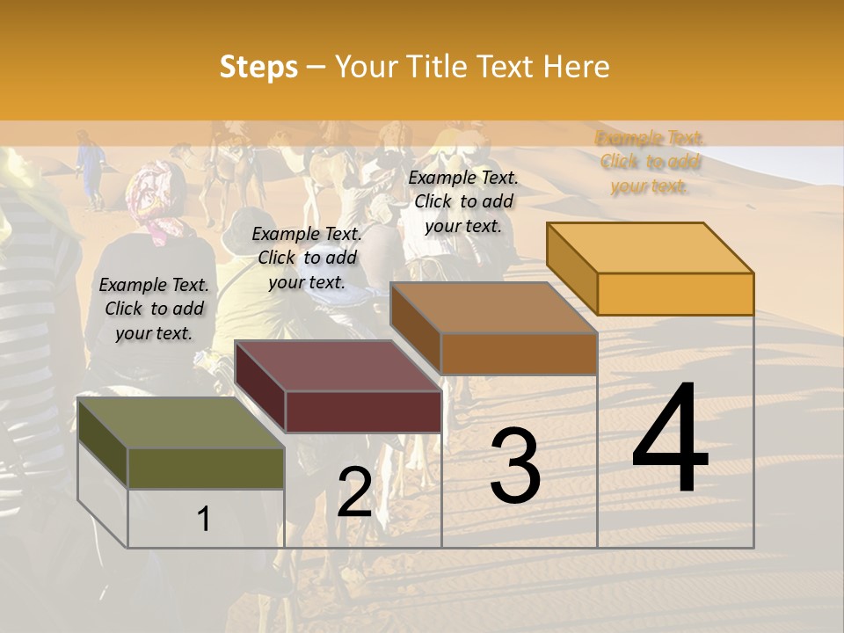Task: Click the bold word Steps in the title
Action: coord(258,67)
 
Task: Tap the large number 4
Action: coord(670,440)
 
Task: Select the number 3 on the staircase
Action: coord(515,466)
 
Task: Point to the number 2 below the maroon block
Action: coord(354,493)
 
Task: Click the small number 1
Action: coord(204,519)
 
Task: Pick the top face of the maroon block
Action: coord(338,366)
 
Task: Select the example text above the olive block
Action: coord(154,309)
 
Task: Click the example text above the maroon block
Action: coord(307,258)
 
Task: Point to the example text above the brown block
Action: coord(463,201)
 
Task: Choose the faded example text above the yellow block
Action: coord(649,162)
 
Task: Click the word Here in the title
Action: coord(577,67)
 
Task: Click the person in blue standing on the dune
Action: coord(90,167)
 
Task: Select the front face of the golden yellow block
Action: coord(675,294)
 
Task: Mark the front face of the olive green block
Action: coord(206,469)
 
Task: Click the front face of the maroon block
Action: coord(362,411)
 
